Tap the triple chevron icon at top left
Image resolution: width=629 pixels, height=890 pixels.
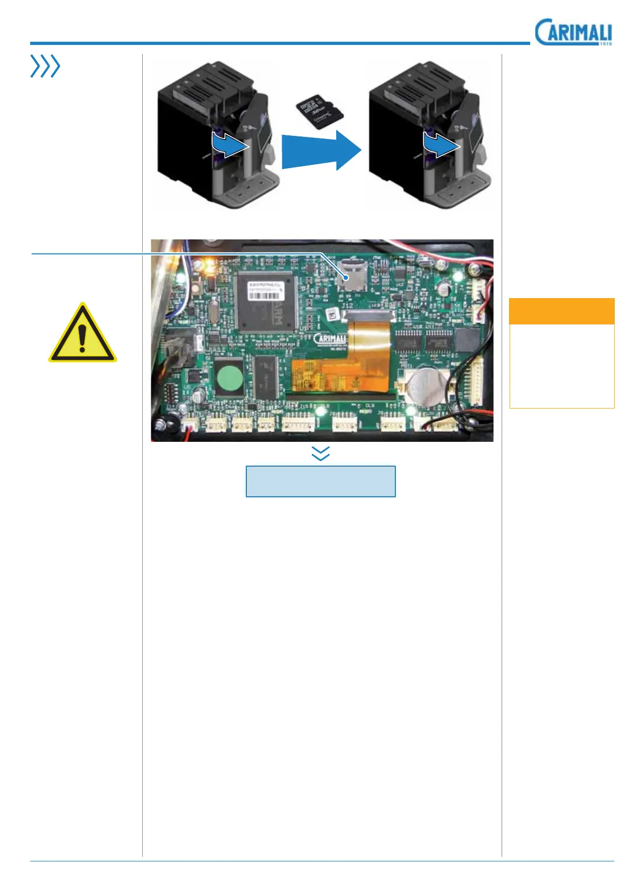[x=45, y=67]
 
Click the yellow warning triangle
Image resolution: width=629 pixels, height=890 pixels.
[x=82, y=334]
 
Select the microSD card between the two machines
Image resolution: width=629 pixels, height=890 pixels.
[x=320, y=112]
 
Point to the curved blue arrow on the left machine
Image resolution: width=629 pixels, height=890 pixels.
[x=229, y=144]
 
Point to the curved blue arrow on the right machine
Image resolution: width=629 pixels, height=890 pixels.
[x=440, y=144]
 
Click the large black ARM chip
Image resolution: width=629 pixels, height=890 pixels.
[x=266, y=302]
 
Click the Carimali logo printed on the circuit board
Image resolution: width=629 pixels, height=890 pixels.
[x=330, y=339]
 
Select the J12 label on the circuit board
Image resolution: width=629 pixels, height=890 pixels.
[x=347, y=306]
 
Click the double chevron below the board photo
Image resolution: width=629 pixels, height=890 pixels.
[x=321, y=453]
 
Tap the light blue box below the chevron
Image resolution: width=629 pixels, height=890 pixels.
[x=320, y=481]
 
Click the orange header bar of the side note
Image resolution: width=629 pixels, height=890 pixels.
[x=561, y=311]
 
